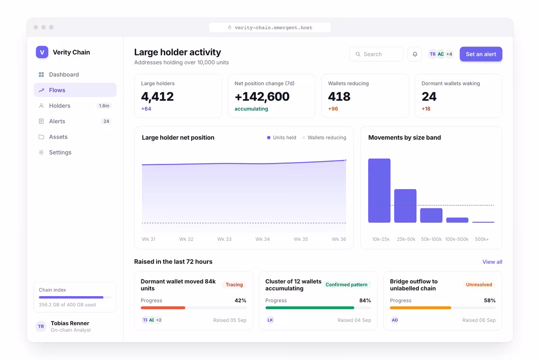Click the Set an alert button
point(481,54)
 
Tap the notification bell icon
point(414,54)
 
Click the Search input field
point(376,54)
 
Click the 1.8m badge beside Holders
point(104,106)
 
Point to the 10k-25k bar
point(379,190)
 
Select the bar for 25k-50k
point(405,206)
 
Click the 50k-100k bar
point(431,215)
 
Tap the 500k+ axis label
point(481,239)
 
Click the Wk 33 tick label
point(224,239)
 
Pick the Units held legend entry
point(282,137)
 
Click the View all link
point(492,262)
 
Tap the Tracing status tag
point(234,284)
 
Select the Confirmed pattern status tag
point(346,284)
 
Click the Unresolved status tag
point(479,284)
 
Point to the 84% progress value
point(365,301)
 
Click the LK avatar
point(270,320)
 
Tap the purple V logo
point(42,52)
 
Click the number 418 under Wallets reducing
point(339,96)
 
